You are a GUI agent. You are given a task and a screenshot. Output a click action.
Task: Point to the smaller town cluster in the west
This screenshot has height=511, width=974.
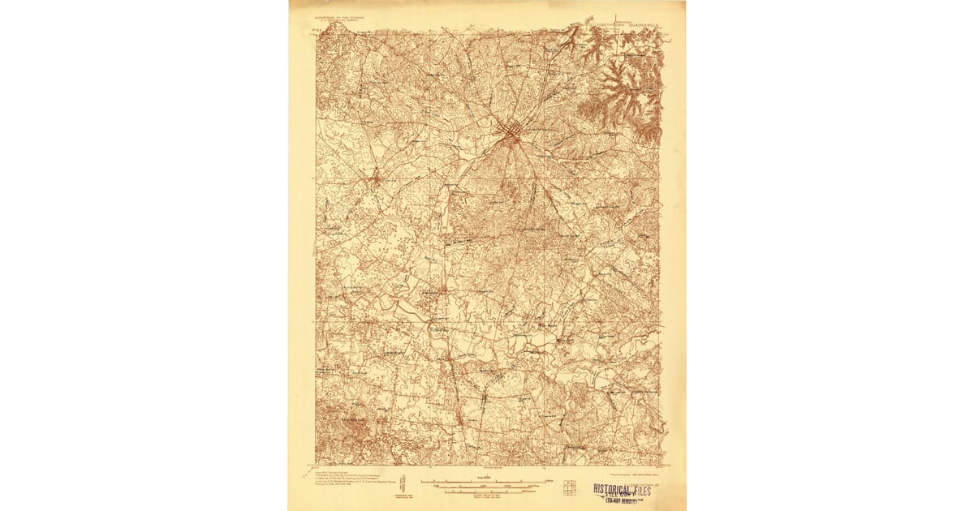click(374, 178)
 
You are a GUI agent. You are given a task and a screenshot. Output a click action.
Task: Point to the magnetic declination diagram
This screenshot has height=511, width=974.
click(403, 480)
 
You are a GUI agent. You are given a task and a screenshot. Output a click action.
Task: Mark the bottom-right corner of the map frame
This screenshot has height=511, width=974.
click(663, 466)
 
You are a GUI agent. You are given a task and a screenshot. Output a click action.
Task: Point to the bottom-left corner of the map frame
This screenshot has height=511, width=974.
click(317, 466)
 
